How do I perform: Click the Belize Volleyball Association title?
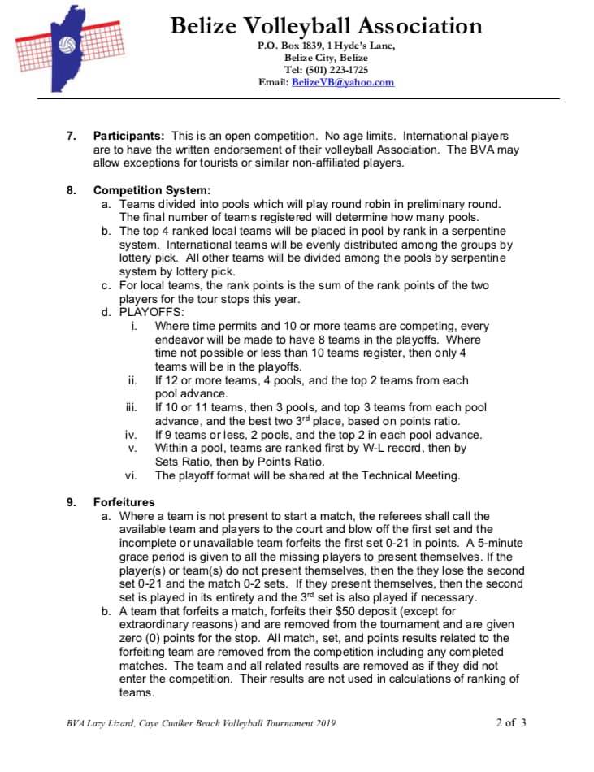click(326, 25)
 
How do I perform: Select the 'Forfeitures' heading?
click(124, 502)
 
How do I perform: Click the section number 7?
click(71, 136)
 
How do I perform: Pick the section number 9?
click(71, 502)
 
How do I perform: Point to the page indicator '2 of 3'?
click(510, 722)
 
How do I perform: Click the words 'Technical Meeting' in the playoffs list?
click(414, 475)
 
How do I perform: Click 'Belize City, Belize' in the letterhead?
click(326, 58)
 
